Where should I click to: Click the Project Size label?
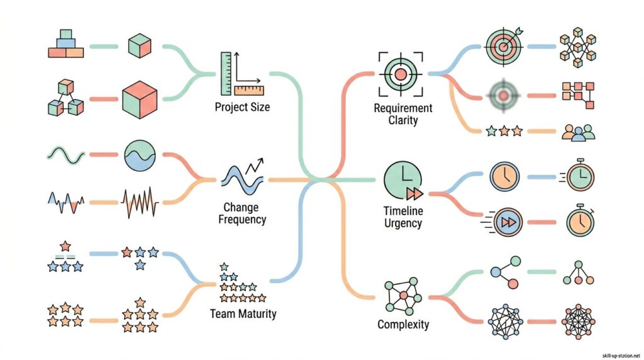tap(242, 107)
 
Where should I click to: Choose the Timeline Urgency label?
tap(402, 217)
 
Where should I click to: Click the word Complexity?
tap(403, 325)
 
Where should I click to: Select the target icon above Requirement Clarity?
tap(400, 74)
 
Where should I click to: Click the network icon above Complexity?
tap(403, 296)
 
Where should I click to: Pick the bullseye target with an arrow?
tap(504, 46)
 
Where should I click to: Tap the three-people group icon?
tap(577, 132)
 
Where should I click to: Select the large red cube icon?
tap(140, 99)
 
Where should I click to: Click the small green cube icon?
tap(138, 46)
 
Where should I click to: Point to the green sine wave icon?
tap(64, 154)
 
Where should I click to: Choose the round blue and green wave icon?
tap(140, 155)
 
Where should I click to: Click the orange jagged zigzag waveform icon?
tap(140, 203)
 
